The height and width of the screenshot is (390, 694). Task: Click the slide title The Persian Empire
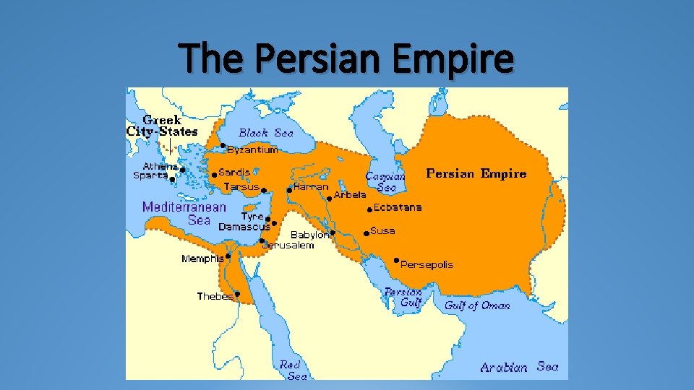point(347,59)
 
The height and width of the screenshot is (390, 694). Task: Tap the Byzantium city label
point(252,150)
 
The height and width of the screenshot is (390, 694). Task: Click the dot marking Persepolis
point(396,260)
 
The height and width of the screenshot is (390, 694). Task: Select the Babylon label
point(309,235)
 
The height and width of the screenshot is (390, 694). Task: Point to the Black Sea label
point(266,133)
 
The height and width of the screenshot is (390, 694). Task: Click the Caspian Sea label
point(384,181)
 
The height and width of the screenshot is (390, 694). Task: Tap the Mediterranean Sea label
point(184,213)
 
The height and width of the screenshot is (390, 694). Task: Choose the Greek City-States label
point(162,126)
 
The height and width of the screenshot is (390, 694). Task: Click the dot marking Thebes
point(237,294)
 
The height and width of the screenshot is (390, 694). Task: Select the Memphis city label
point(202,259)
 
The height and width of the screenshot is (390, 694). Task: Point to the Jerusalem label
point(288,246)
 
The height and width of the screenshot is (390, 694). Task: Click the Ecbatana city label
point(398,207)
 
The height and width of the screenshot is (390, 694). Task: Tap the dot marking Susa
point(367,233)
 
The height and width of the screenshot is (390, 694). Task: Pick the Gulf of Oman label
point(477,305)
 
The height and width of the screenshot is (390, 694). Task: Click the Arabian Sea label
point(519,367)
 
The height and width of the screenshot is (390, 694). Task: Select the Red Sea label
point(291,370)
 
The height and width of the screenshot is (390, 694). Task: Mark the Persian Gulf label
point(403,297)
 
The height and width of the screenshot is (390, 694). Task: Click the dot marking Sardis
point(214,174)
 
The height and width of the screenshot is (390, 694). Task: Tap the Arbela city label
point(350,195)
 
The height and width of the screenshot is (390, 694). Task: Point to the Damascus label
point(244,227)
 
